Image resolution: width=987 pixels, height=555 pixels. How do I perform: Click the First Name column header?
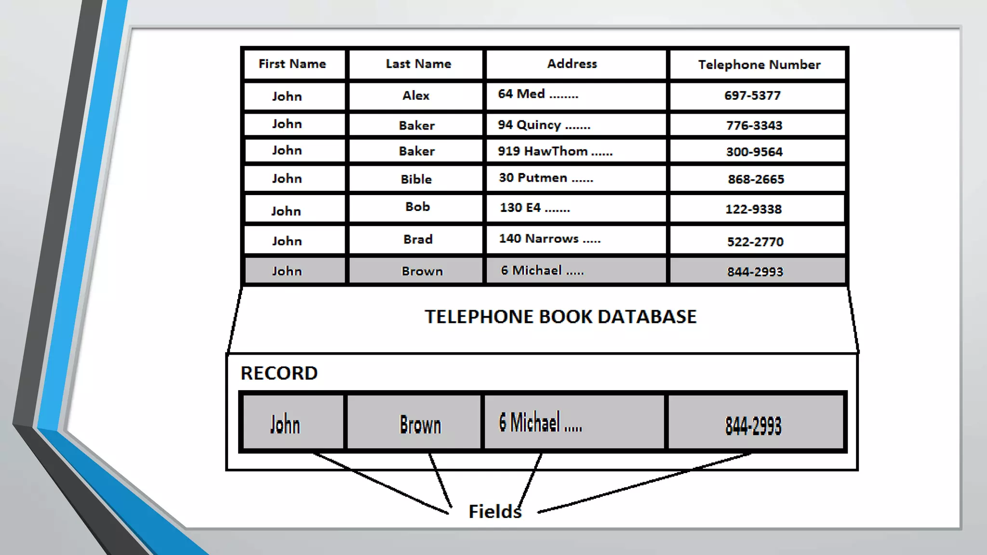pos(292,64)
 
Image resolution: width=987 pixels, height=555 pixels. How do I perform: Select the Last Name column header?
pos(418,64)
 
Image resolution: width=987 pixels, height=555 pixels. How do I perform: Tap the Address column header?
pos(572,64)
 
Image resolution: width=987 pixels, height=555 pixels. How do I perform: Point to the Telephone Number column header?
pos(759,65)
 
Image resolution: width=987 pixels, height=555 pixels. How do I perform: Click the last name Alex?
pos(416,96)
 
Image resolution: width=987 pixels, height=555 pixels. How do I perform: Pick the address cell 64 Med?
pos(538,94)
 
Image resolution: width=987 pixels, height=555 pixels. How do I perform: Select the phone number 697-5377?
pos(752,96)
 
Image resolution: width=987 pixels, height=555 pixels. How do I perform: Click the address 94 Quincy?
pos(544,125)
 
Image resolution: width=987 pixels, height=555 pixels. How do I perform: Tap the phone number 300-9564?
pos(754,152)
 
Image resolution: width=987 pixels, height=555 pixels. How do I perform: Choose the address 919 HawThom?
pos(555,152)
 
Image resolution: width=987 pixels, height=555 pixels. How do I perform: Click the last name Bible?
pos(416,180)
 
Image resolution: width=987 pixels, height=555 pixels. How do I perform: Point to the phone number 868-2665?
pos(756,180)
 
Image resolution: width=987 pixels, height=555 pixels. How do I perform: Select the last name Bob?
pos(417,207)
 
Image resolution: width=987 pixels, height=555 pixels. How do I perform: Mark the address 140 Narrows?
pos(549,239)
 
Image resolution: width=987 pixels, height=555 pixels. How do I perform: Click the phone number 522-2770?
pos(755,242)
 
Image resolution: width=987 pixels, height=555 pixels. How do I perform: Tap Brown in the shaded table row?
pos(422,272)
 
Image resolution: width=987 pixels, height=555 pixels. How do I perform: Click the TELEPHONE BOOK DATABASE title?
pos(560,317)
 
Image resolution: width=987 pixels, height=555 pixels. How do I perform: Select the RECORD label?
pos(279,373)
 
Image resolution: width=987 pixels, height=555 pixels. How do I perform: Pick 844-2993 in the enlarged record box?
pos(753,426)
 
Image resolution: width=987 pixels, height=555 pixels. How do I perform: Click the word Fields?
pos(495,512)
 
